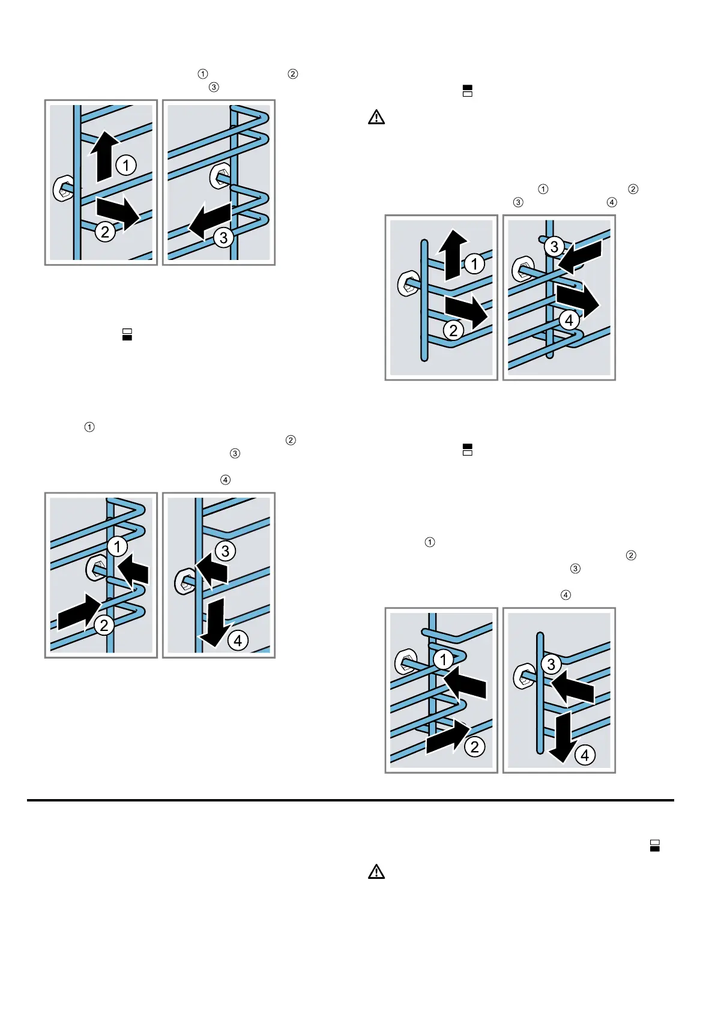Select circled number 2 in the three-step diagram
pos(105,232)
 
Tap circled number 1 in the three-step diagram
pos(126,165)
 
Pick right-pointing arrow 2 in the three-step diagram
pos(118,214)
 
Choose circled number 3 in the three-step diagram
pos(224,238)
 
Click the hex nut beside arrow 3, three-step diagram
pos(219,176)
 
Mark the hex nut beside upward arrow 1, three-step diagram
pos(63,189)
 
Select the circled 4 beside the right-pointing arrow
pos(569,320)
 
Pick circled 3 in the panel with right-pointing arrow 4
pos(554,246)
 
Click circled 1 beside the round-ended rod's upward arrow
pos(474,264)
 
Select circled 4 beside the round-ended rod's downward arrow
pos(585,755)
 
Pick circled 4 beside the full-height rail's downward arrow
pos(238,641)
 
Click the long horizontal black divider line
pos(351,800)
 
